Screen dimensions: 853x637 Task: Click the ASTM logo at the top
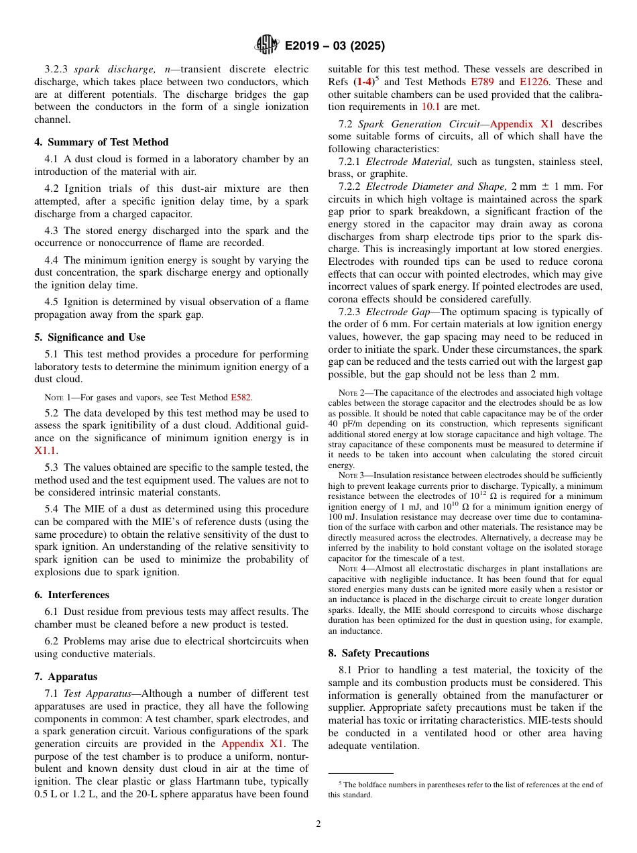266,45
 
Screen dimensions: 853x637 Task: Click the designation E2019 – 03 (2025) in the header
335,46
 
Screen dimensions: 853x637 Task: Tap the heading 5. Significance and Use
90,337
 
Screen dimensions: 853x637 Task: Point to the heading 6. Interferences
72,595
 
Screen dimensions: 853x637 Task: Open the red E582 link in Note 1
241,398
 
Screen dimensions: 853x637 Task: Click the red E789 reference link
481,82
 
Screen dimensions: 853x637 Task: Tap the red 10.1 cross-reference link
430,107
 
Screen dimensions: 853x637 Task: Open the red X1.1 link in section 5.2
46,451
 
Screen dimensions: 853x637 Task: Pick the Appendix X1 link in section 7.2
522,124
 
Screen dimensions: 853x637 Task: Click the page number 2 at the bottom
318,824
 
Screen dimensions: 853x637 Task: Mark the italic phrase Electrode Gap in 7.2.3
395,312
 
